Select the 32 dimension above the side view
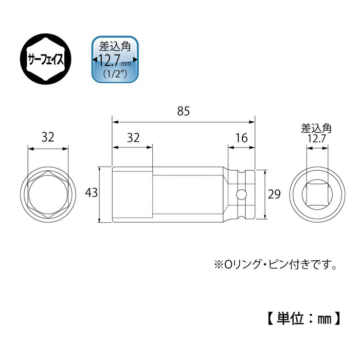pyautogui.click(x=133, y=137)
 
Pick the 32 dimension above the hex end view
pyautogui.click(x=48, y=137)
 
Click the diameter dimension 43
pyautogui.click(x=91, y=194)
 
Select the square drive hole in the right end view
pyautogui.click(x=316, y=194)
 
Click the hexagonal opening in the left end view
pyautogui.click(x=48, y=194)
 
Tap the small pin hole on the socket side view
pyautogui.click(x=241, y=194)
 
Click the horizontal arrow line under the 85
pyautogui.click(x=184, y=122)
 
